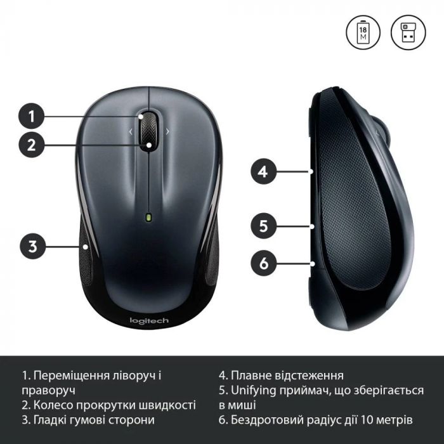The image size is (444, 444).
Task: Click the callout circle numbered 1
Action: [x=30, y=116]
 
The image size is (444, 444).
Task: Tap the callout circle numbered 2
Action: [x=30, y=145]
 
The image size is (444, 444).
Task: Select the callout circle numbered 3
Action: [x=30, y=245]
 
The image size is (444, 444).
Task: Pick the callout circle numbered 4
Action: [x=263, y=171]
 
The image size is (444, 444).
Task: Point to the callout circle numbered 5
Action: [x=263, y=225]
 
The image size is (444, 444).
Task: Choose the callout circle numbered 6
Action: [x=263, y=261]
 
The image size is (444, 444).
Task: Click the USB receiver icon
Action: [x=408, y=32]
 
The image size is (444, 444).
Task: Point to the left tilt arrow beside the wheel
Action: [x=131, y=132]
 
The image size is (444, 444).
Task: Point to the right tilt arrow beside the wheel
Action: [x=167, y=132]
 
